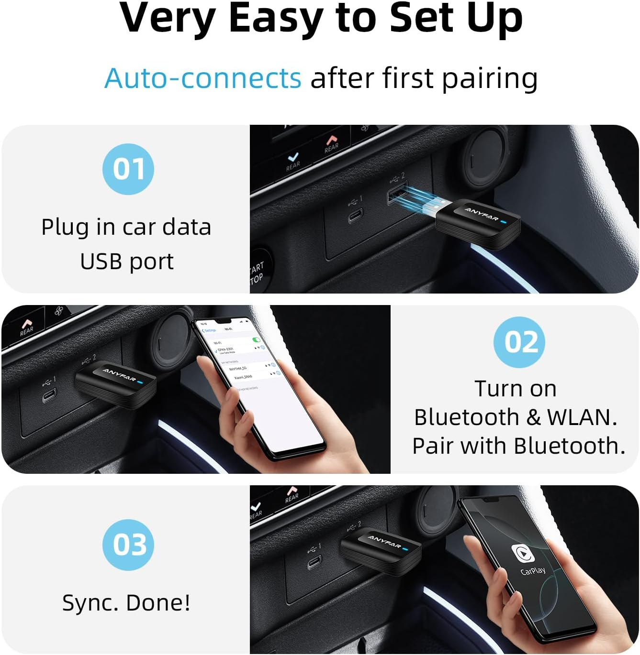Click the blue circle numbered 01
point(128,169)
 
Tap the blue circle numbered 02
point(519,342)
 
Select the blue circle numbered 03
point(128,545)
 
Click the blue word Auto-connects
point(203,78)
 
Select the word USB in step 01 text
point(100,262)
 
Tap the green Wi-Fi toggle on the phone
point(257,340)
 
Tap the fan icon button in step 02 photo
point(59,312)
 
